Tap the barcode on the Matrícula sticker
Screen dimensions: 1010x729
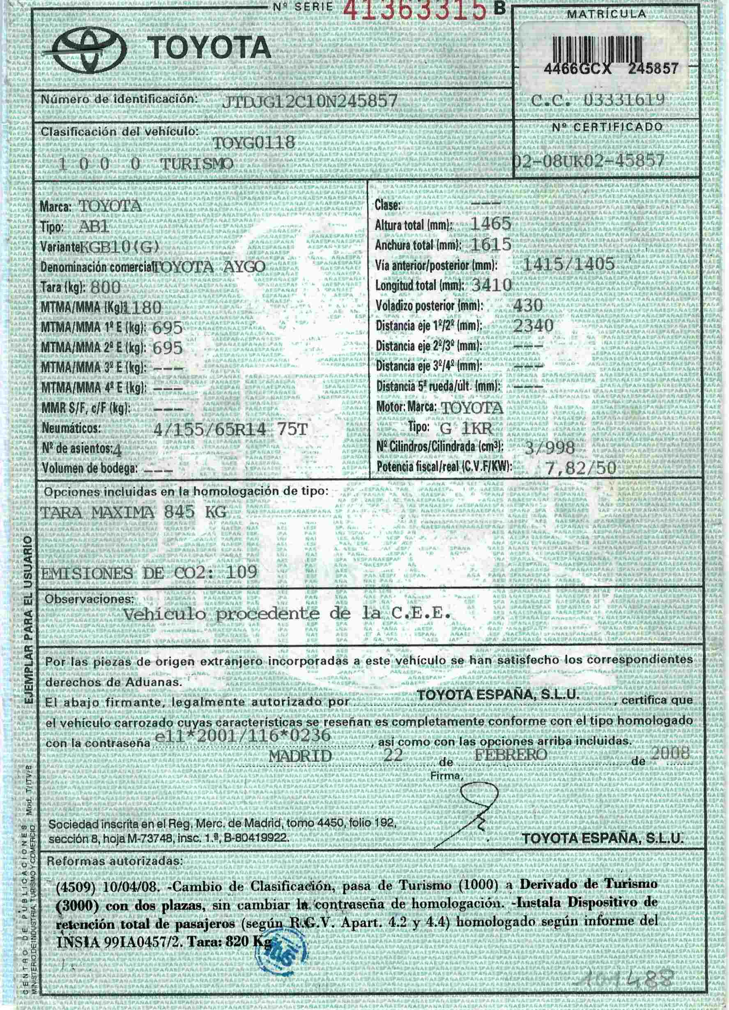(x=597, y=46)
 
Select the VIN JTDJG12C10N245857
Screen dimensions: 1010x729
(x=309, y=102)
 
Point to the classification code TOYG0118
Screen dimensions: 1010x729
(x=254, y=143)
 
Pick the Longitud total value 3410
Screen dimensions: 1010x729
(x=491, y=284)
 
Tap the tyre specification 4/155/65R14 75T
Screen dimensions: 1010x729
(x=230, y=429)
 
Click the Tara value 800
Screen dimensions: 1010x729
(x=105, y=287)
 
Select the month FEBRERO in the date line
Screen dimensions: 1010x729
(x=511, y=754)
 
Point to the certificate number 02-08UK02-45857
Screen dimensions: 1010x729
(x=589, y=161)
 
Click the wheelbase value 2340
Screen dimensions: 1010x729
(x=534, y=325)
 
